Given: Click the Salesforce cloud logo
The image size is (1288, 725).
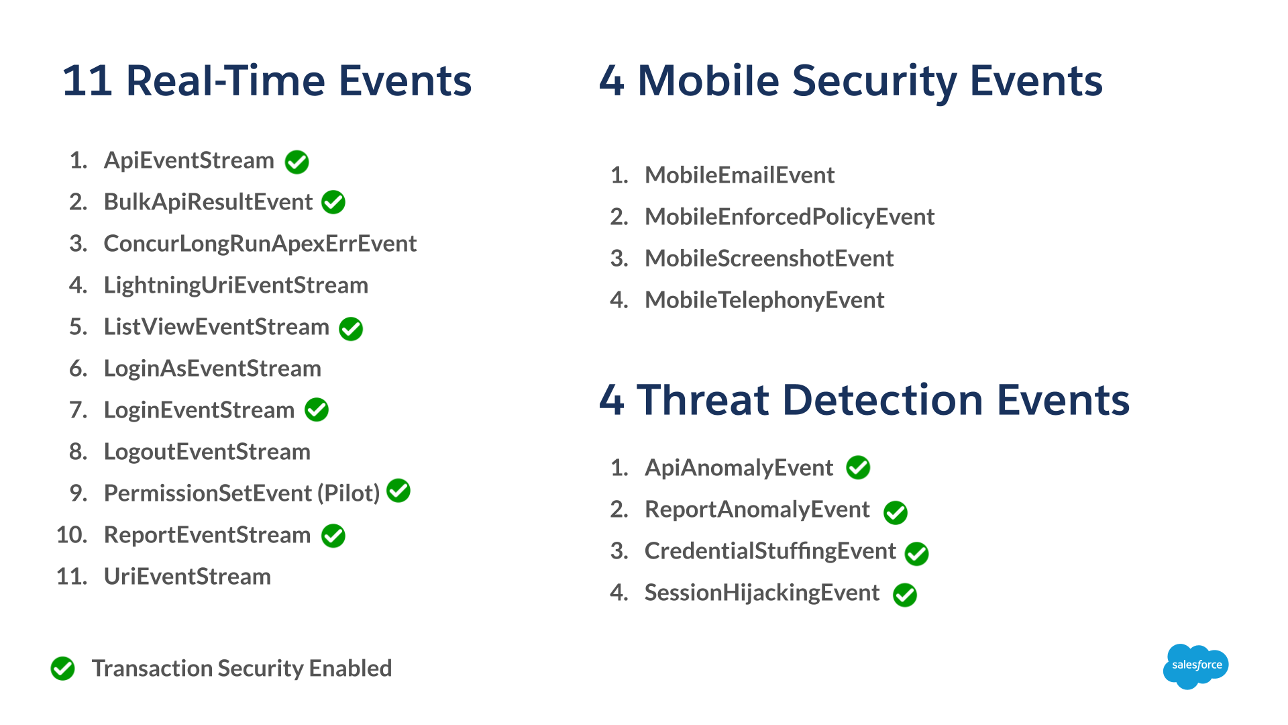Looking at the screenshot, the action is point(1196,666).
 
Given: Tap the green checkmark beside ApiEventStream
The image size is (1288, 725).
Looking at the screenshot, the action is point(297,162).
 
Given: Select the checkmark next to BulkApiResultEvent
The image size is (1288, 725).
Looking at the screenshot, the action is point(333,202).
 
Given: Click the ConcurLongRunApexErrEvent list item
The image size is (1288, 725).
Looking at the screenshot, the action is point(260,244).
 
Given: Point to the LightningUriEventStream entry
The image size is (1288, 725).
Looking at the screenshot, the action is point(236,285).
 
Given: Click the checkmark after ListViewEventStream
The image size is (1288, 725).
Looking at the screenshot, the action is point(351,329).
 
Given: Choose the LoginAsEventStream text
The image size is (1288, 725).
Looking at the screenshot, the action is point(213,369).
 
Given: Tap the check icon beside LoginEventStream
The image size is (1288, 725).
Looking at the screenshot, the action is point(317,409).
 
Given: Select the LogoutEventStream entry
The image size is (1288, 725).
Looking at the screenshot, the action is point(207,452).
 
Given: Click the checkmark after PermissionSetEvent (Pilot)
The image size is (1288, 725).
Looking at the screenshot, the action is point(398,491).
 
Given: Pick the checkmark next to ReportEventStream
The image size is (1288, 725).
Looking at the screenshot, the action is point(333,536).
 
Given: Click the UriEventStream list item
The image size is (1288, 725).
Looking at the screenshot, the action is point(188,577).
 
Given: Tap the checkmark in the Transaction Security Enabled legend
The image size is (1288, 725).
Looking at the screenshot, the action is point(63,668).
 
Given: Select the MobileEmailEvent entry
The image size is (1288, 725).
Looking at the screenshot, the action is point(740,175).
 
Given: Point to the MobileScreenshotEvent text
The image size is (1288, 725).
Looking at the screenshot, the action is point(769,258).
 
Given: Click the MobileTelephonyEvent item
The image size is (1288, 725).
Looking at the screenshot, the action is point(765,300).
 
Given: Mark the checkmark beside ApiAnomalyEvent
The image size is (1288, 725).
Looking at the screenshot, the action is point(858,467).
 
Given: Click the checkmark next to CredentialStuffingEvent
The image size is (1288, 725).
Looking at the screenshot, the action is point(917,554).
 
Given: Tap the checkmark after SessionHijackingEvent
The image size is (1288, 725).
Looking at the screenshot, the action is point(905,595).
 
